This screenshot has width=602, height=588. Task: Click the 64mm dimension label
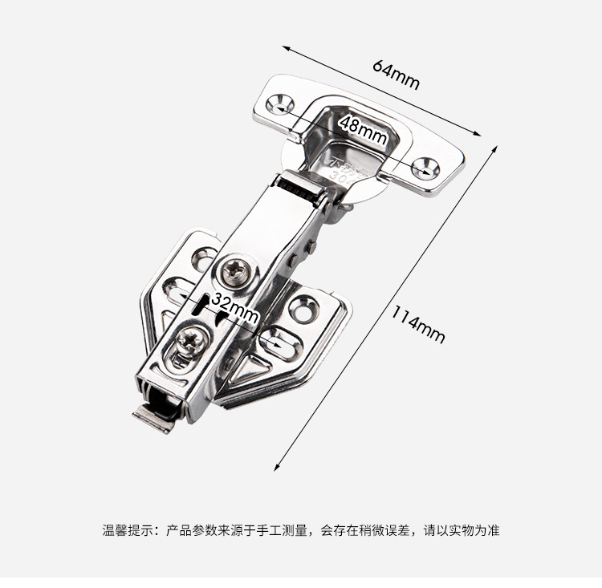click(396, 75)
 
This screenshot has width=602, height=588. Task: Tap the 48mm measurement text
click(363, 128)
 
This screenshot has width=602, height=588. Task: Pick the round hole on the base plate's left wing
click(203, 258)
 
